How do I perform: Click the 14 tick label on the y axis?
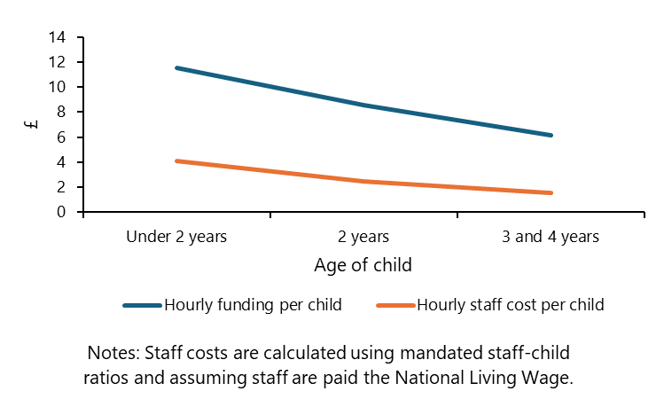coord(58,37)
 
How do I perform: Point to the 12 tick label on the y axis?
coord(58,62)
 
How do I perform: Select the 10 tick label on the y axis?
coord(58,87)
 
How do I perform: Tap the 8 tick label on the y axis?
coord(61,112)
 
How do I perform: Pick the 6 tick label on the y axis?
coord(61,137)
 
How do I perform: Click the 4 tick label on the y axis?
coord(61,162)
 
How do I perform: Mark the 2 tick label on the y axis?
coord(61,187)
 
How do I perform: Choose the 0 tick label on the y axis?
coord(61,212)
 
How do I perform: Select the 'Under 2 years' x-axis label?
coord(176,237)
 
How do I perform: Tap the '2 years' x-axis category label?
coord(363,237)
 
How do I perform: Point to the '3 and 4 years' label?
coord(551,237)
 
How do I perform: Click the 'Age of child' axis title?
coord(363,265)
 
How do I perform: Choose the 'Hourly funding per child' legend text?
coord(253,305)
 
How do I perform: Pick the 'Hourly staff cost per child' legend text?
coord(510,305)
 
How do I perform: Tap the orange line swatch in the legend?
coord(395,305)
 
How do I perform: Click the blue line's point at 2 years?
coord(363,105)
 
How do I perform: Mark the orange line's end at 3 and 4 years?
coord(551,192)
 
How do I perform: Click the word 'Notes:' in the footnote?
coord(113,352)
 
